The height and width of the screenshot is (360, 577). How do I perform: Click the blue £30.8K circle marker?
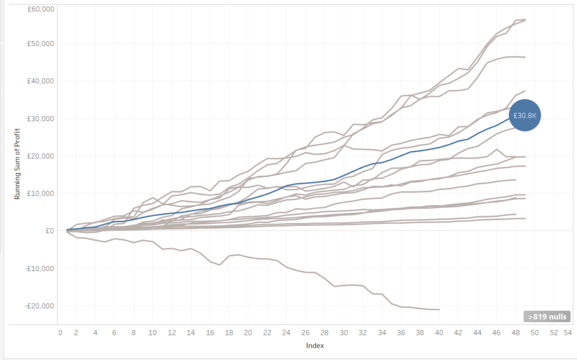(x=525, y=115)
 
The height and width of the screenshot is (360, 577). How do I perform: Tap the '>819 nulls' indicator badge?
(x=547, y=317)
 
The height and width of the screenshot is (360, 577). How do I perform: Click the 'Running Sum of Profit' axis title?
(x=17, y=163)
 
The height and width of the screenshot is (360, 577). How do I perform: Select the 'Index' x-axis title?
(x=315, y=345)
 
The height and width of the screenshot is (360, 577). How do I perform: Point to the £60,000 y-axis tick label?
(x=39, y=10)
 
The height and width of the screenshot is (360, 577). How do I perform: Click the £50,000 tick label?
(x=39, y=43)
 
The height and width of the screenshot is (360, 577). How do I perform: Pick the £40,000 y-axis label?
(x=39, y=81)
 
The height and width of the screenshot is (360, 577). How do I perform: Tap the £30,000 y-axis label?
(x=39, y=118)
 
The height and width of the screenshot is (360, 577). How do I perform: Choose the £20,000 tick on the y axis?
(x=39, y=156)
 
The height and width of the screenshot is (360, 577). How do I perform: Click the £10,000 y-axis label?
(x=39, y=193)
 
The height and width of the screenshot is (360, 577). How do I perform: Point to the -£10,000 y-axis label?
(x=38, y=268)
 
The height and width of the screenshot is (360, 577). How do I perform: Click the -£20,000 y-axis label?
(x=38, y=306)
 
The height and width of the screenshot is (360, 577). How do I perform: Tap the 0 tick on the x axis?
(x=60, y=333)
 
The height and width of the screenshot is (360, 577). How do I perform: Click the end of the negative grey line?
(x=439, y=309)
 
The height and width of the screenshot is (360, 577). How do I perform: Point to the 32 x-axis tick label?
(x=363, y=333)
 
